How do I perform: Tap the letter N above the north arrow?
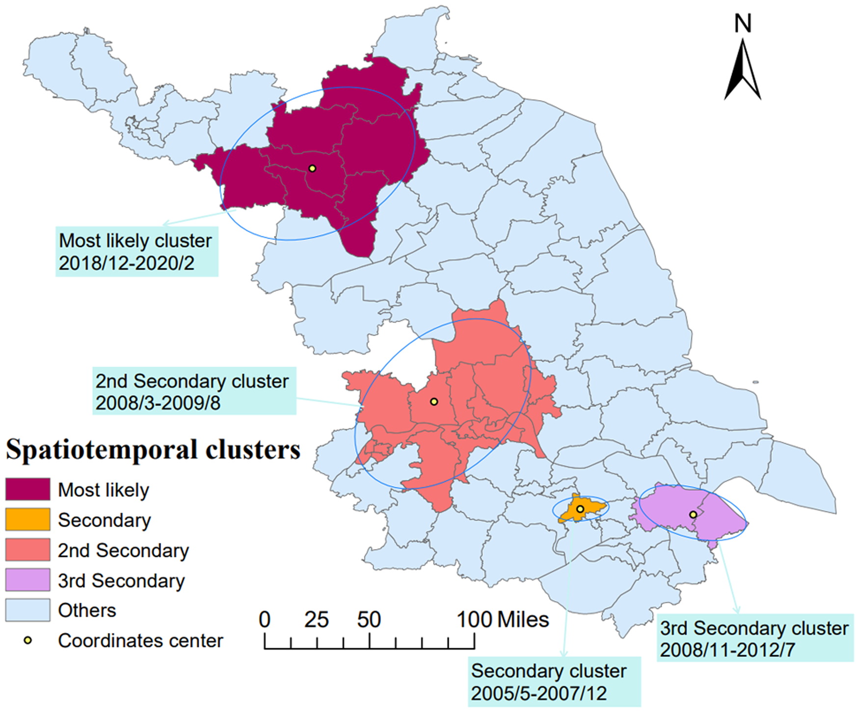743,24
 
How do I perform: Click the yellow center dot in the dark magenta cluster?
312,168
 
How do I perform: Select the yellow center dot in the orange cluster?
580,509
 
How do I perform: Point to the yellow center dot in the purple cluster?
693,514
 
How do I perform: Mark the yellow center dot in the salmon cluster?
433,401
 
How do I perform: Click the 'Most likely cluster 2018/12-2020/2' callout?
136,252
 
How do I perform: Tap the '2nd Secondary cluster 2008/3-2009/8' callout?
194,391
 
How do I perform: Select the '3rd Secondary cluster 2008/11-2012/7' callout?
754,638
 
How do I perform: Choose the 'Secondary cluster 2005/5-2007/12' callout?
554,682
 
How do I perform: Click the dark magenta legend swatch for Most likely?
27,489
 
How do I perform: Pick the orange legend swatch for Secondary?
27,520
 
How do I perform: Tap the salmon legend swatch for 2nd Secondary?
27,550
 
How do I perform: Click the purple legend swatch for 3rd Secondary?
27,580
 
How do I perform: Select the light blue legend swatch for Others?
27,610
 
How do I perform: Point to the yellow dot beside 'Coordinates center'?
28,640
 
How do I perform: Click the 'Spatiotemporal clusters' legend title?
153,449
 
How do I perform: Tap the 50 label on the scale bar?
369,620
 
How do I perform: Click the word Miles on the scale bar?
523,620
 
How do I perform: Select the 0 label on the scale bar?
265,620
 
